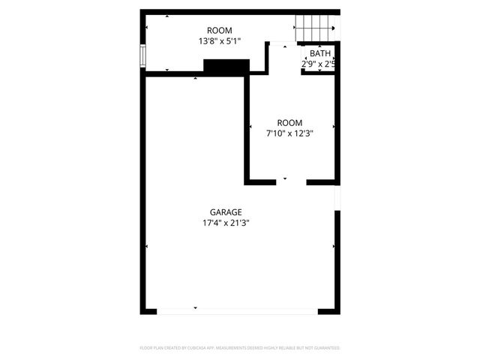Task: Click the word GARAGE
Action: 226,212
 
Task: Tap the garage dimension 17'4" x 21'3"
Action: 226,223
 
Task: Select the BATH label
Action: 320,53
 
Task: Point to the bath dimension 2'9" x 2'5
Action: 318,64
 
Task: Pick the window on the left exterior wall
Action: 142,56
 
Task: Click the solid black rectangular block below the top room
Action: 226,67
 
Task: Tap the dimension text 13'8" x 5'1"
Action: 220,41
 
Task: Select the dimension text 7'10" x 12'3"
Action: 289,133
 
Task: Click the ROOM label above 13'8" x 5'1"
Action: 220,31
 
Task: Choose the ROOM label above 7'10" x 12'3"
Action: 289,123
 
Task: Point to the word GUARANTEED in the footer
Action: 327,348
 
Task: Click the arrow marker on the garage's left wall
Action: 147,246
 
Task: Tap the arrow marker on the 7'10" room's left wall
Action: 250,128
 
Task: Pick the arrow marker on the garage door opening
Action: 195,307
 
